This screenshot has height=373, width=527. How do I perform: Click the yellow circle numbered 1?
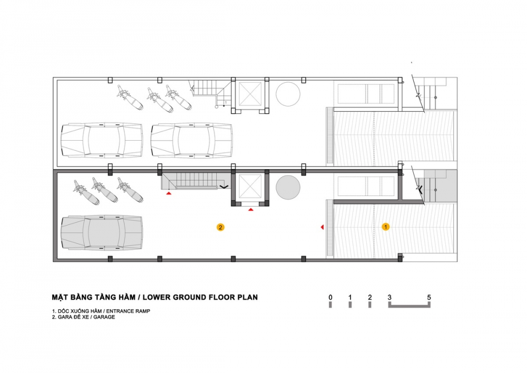tap(386, 227)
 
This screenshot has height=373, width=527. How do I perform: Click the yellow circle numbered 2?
tap(220, 228)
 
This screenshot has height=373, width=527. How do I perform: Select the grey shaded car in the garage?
tap(102, 232)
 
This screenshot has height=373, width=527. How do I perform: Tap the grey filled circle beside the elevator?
tap(288, 187)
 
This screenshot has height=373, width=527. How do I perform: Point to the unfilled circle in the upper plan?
tap(288, 94)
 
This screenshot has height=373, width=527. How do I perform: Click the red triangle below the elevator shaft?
tap(251, 210)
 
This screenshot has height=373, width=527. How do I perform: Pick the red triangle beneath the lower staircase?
tap(169, 193)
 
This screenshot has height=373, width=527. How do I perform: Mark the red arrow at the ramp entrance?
tap(323, 227)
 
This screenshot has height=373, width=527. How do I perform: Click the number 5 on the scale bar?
tap(429, 297)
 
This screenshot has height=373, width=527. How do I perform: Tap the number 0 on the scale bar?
tap(330, 297)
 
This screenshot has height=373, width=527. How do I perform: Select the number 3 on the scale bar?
tap(389, 297)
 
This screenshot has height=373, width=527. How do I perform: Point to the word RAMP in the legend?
tap(143, 311)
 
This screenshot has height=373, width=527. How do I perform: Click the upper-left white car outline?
tap(102, 140)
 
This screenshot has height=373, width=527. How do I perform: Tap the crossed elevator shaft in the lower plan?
tap(250, 186)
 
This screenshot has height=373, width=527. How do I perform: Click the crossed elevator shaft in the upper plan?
tap(250, 94)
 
